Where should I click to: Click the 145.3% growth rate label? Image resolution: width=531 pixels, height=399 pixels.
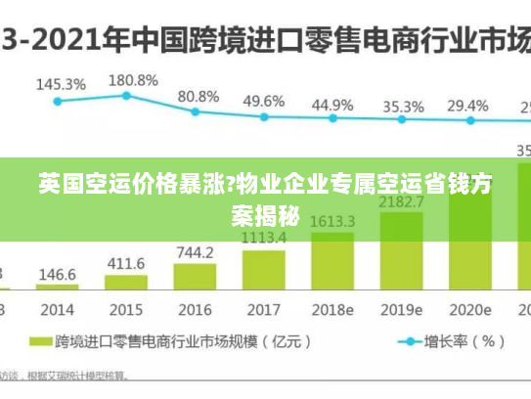61,84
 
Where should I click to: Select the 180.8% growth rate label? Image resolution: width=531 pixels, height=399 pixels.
132,79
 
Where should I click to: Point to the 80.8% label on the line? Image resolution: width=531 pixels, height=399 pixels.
199,97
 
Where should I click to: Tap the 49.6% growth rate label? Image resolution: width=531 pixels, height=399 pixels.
264,101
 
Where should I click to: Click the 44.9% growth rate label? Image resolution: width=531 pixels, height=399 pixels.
332,104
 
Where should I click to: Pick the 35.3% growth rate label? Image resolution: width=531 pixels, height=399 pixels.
403,106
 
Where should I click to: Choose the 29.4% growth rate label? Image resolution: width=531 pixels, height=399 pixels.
467,105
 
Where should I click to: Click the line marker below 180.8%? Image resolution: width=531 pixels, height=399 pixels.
126,96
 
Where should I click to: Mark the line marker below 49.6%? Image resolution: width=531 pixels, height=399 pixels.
263,116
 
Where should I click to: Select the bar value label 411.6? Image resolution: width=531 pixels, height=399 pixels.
126,264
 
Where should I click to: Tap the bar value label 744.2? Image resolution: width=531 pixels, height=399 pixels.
195,252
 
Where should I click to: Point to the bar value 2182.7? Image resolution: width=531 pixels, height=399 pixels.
401,201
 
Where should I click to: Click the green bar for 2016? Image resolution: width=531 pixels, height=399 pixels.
195,277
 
